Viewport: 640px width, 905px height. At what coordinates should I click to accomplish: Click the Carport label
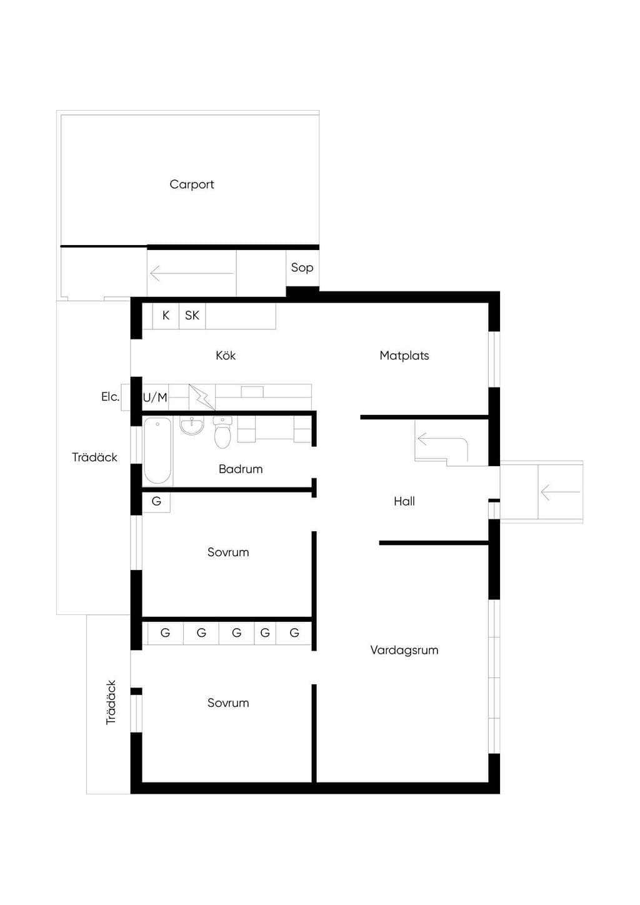click(191, 184)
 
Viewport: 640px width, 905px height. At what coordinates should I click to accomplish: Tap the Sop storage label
click(302, 267)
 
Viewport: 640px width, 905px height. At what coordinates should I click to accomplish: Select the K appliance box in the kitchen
click(166, 316)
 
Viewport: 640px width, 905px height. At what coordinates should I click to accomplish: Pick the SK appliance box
click(192, 316)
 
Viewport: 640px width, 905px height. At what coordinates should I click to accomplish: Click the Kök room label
click(226, 356)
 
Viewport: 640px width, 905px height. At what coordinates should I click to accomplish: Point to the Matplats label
click(404, 356)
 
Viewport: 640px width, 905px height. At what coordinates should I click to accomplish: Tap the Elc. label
click(110, 397)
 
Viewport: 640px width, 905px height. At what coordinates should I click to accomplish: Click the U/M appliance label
click(155, 397)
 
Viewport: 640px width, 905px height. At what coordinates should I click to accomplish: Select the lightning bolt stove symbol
click(202, 397)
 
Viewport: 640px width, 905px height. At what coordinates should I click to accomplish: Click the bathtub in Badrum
click(157, 451)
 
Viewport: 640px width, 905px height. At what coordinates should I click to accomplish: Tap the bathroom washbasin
click(191, 426)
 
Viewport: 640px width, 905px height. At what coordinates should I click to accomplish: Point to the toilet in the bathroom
click(222, 432)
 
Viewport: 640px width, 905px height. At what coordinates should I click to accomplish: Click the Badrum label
click(241, 469)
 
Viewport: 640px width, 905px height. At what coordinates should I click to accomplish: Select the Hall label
click(404, 501)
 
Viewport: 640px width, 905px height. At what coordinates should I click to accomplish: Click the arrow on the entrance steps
click(560, 492)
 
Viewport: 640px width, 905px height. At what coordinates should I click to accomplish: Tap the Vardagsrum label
click(404, 650)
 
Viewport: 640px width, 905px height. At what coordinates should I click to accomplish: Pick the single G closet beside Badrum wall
click(156, 502)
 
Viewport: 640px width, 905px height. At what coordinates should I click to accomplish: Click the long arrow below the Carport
click(191, 274)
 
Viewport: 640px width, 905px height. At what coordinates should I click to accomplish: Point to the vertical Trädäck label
click(111, 702)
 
